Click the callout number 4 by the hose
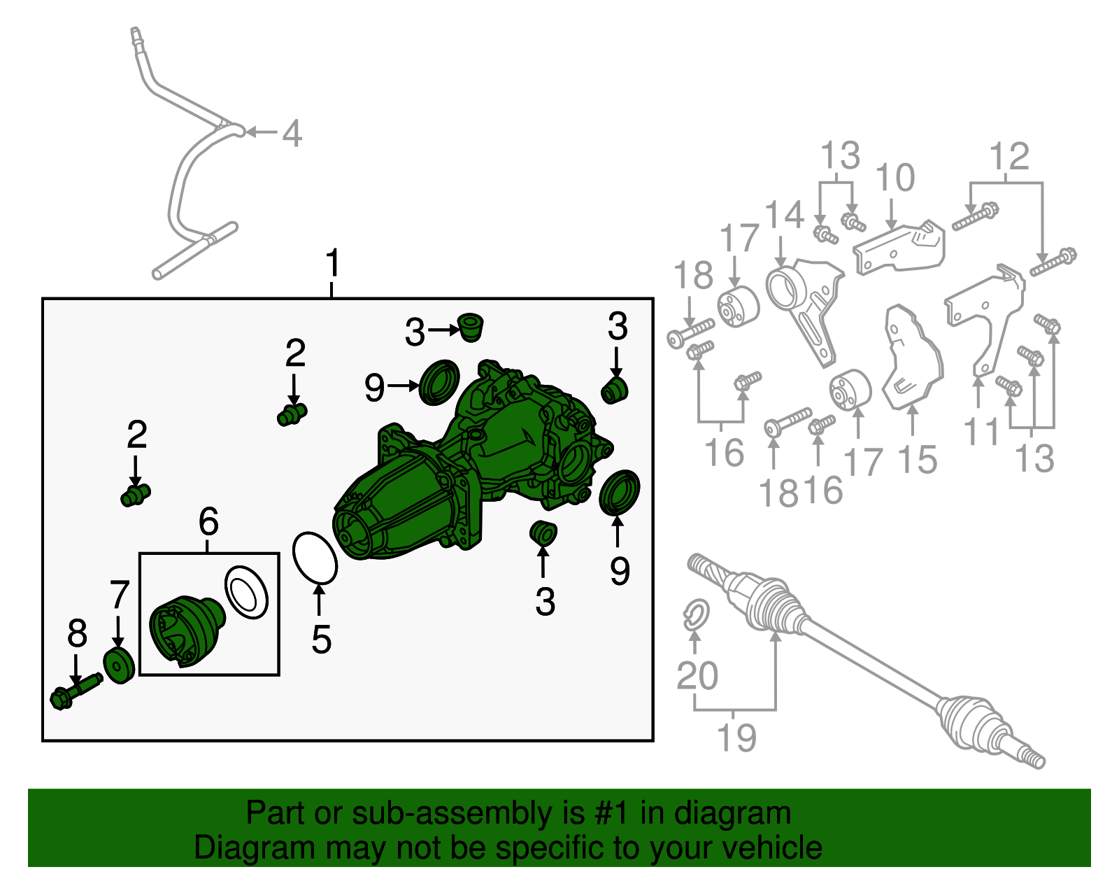(x=292, y=133)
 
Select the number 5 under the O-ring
(x=321, y=640)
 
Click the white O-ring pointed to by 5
(x=315, y=558)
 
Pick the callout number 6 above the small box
(x=208, y=521)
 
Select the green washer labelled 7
(x=119, y=666)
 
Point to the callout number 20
(x=697, y=676)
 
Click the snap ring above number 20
(x=696, y=615)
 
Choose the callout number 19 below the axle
(x=737, y=738)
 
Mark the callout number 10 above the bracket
(x=895, y=177)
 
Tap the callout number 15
(x=918, y=460)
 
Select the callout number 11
(x=981, y=432)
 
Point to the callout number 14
(x=784, y=214)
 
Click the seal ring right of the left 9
(x=440, y=382)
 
